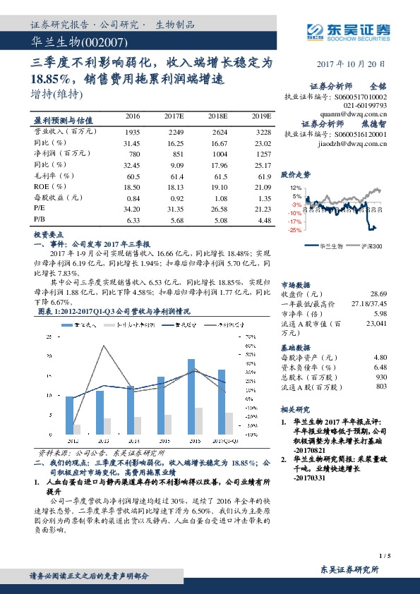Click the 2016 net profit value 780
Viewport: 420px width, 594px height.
pyautogui.click(x=132, y=153)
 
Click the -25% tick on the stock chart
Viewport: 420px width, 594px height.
pyautogui.click(x=295, y=229)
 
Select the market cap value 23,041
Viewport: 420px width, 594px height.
pyautogui.click(x=374, y=323)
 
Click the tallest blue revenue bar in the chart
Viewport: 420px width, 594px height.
pyautogui.click(x=191, y=396)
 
